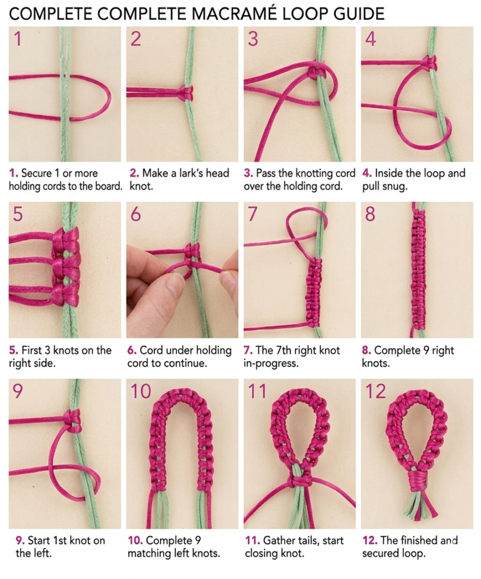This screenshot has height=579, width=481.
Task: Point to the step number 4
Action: pos(371,40)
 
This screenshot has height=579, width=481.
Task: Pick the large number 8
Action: pos(370,215)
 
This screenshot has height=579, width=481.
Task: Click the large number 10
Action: pos(141,391)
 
